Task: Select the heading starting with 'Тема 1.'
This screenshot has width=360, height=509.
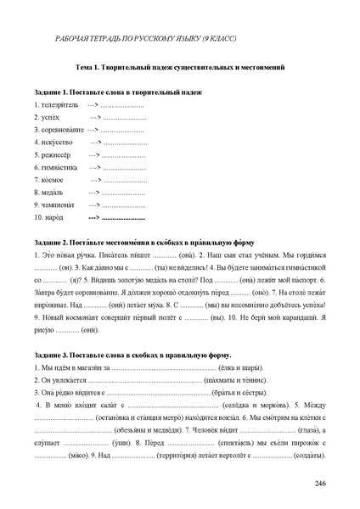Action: click(x=180, y=66)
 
